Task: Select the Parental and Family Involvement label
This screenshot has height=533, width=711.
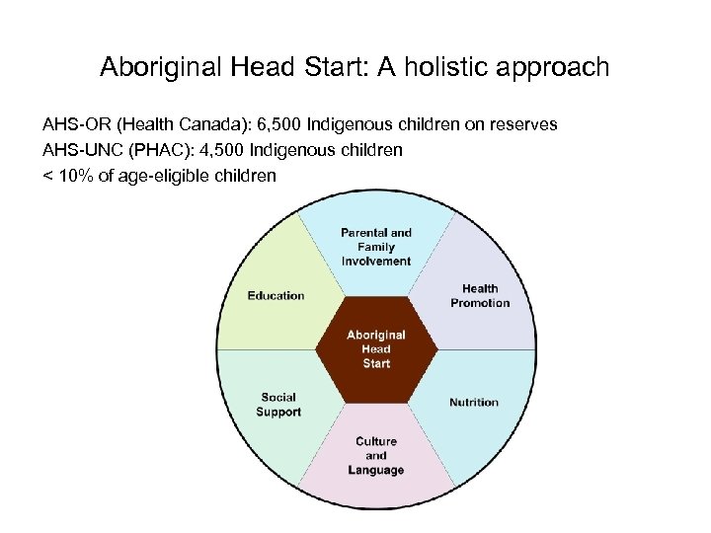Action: (x=376, y=247)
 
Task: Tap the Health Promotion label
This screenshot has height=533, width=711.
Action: (x=480, y=296)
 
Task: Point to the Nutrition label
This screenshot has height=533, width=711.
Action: (x=474, y=403)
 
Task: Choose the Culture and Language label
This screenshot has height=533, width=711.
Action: (x=376, y=456)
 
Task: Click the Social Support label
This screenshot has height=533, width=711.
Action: (x=278, y=405)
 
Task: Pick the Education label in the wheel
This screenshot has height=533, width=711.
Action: (x=276, y=296)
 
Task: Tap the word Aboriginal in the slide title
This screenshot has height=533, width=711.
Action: (x=161, y=68)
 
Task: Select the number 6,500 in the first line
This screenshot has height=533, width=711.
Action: (x=278, y=125)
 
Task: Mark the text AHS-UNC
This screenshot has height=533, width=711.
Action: (x=76, y=150)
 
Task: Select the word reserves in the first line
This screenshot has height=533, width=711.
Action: (x=524, y=125)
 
